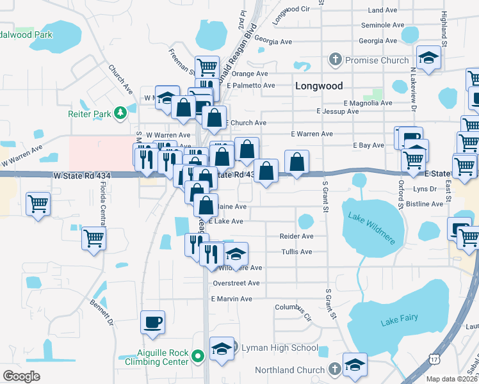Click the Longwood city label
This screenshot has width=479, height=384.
click(318, 86)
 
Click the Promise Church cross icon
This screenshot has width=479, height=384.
click(335, 60)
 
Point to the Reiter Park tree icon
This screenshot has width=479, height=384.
click(120, 114)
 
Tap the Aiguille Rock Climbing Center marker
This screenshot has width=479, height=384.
click(199, 355)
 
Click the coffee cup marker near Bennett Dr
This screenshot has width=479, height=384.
click(152, 322)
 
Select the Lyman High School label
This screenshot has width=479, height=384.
click(279, 348)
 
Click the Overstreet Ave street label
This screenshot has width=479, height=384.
click(236, 283)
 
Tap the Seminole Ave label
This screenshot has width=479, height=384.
click(382, 26)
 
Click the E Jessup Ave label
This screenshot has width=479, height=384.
click(337, 111)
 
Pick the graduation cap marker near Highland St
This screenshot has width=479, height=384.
click(429, 58)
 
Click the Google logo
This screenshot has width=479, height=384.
click(22, 376)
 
